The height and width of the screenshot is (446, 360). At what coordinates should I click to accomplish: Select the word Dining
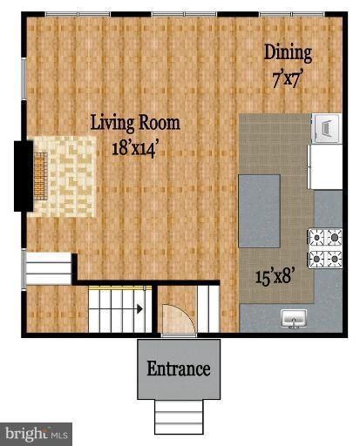288,52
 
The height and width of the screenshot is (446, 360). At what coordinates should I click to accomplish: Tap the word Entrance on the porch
178,368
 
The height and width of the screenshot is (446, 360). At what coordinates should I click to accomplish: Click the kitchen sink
294,320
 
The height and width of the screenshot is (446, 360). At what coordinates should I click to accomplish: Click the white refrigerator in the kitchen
326,166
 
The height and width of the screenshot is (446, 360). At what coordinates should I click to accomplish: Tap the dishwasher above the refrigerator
325,128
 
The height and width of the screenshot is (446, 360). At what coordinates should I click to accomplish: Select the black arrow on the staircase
138,307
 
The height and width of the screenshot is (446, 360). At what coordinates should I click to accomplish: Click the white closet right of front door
208,309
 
